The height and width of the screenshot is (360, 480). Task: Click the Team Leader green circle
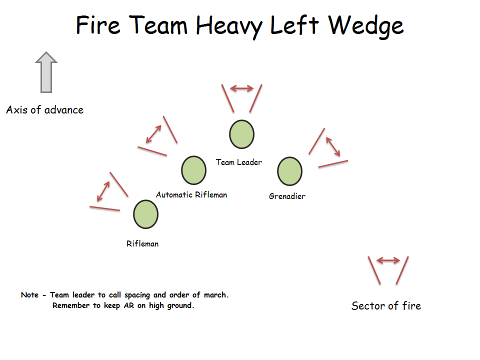coord(241,134)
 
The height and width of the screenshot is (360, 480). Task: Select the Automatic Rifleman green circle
coord(193,170)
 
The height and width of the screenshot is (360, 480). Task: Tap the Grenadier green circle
coord(289,171)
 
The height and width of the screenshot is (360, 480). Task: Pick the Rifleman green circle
coord(145,214)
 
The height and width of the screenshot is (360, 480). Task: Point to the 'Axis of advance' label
coord(45,110)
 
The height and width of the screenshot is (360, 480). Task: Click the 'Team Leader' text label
coord(239,162)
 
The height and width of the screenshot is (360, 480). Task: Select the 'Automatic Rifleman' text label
coord(191,194)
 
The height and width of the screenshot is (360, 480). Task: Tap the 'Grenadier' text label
coord(287,196)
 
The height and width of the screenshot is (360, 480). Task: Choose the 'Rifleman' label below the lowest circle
coord(142,244)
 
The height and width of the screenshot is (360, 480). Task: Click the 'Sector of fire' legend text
coord(386,306)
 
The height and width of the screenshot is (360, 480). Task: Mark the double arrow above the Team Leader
coord(241,89)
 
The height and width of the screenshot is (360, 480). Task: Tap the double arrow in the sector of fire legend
coord(388,260)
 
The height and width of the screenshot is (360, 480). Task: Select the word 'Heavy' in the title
coord(229,26)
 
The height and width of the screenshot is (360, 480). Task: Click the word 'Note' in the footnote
coord(29,295)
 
